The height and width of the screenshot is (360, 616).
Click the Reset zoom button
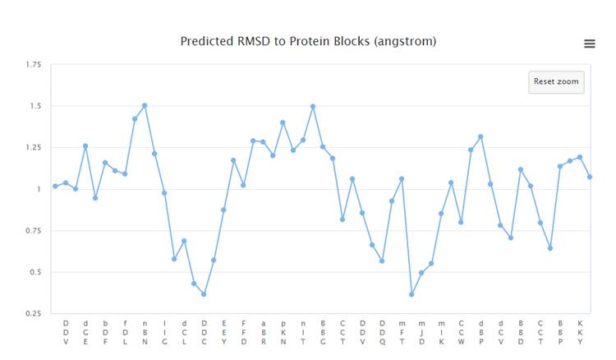(556, 81)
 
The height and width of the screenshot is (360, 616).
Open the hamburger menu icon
(590, 44)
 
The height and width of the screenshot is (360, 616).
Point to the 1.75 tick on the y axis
(33, 64)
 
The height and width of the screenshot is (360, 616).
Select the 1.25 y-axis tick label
(33, 147)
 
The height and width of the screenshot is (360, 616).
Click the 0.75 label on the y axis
(33, 230)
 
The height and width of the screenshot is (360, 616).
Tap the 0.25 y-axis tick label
(33, 313)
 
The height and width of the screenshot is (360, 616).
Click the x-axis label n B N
(145, 332)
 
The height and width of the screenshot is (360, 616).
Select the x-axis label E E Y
(223, 332)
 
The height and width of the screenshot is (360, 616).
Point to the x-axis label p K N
(283, 332)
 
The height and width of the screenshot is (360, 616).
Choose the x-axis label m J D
(421, 332)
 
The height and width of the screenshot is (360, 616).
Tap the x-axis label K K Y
(580, 332)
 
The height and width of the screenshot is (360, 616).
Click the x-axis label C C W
(461, 332)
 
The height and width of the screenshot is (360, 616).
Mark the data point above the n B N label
(145, 105)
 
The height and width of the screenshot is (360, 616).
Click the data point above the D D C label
(204, 294)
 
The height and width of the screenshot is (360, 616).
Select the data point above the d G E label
(85, 145)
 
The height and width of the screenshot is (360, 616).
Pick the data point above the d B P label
(480, 136)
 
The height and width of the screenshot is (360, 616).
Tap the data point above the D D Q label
(382, 261)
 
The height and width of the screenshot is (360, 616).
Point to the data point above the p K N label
(283, 122)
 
